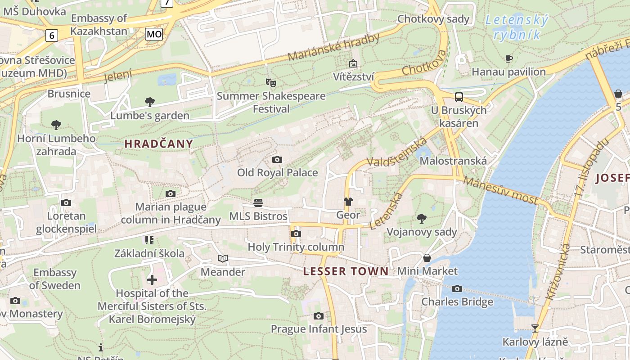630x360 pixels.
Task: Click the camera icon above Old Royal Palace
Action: [277, 159]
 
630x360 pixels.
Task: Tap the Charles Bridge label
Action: [457, 301]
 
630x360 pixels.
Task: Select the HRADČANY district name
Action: [158, 144]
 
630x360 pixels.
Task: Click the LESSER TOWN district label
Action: [346, 271]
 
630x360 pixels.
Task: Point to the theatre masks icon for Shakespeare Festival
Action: [270, 82]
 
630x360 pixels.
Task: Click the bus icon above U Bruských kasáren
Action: [459, 97]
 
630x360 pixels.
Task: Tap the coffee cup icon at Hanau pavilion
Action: [508, 58]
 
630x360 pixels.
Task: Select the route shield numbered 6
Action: [52, 35]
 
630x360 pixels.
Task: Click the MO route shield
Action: [154, 34]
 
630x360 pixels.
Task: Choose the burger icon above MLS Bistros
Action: [258, 202]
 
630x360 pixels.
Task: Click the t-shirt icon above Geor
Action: [348, 201]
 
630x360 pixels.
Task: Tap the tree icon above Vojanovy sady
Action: [422, 219]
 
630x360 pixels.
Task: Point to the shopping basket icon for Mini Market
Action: [427, 258]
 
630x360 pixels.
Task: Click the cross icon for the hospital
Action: [152, 280]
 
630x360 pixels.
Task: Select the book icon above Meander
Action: [222, 258]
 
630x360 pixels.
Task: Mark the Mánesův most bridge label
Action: [500, 190]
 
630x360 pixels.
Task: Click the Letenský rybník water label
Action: [517, 27]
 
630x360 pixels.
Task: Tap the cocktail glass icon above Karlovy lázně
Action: [535, 328]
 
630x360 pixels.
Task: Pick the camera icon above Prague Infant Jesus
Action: [319, 316]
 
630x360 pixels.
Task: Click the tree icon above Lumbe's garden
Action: [150, 102]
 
